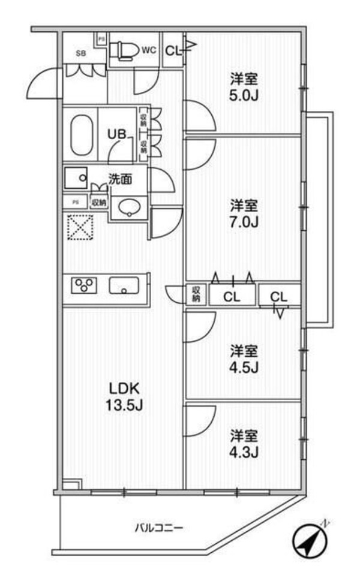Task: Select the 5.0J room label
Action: (244, 86)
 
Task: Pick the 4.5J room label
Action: (244, 359)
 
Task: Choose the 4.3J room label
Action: (244, 442)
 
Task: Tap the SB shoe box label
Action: (80, 53)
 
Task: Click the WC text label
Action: (149, 50)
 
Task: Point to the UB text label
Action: (116, 134)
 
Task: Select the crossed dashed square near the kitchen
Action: (79, 228)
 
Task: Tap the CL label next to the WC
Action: (173, 51)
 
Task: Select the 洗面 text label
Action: (120, 179)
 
